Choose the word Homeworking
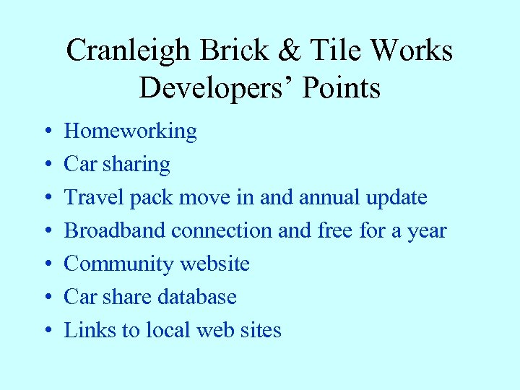(x=130, y=131)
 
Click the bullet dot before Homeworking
(x=45, y=132)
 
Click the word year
(x=428, y=231)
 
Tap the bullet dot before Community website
(x=45, y=265)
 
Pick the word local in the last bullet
(x=168, y=330)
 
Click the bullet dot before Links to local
(x=45, y=331)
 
